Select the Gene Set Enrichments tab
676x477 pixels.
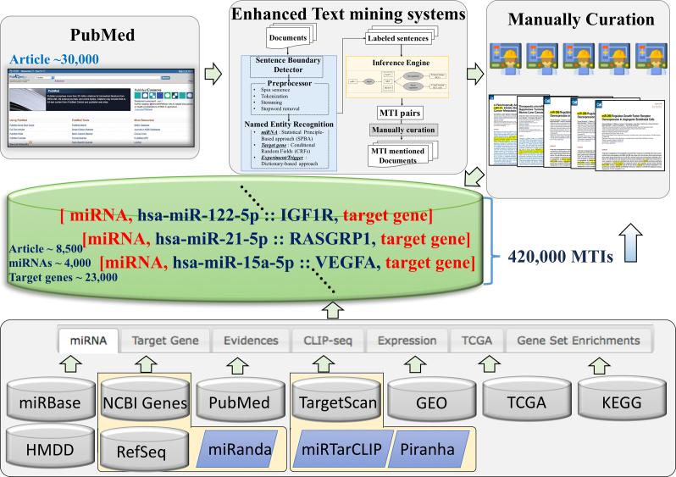[x=573, y=341]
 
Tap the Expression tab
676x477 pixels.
[x=407, y=341]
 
